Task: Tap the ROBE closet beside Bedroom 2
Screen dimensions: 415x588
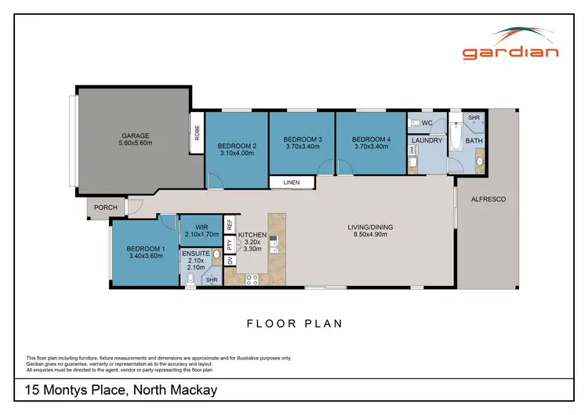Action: coord(198,132)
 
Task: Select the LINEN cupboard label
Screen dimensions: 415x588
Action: coord(292,183)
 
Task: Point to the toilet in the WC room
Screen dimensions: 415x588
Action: coord(415,124)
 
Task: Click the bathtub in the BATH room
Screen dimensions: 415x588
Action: coord(456,139)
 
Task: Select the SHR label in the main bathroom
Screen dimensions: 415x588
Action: coord(474,117)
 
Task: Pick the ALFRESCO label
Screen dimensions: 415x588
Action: coord(488,200)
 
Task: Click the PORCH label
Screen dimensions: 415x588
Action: coord(105,208)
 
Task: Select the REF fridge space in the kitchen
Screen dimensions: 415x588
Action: coord(230,224)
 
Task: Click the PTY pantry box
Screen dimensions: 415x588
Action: coord(230,244)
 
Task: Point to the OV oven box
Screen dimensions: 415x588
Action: coord(230,261)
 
